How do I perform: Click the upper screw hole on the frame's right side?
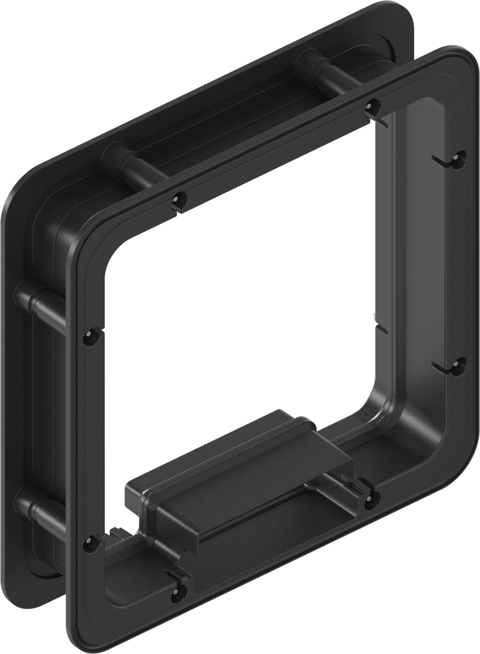457,159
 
